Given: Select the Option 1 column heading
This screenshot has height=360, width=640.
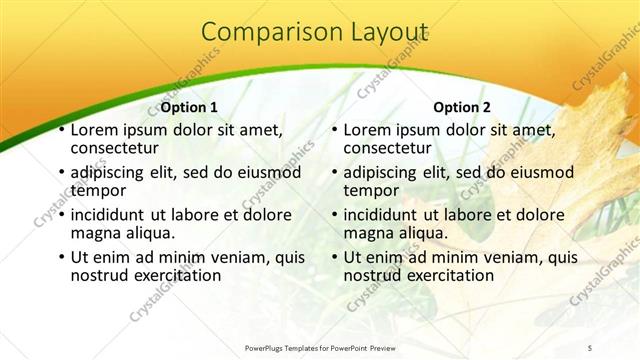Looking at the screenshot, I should [189, 107].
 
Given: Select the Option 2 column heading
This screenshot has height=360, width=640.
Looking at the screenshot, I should [461, 107].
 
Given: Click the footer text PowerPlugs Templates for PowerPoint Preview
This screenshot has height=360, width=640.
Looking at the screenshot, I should [332, 347].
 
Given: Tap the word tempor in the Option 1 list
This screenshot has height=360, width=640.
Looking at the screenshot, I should [98, 190].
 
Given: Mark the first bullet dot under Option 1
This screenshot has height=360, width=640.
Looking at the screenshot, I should [62, 131].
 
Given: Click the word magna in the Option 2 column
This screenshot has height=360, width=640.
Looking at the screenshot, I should [368, 232].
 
